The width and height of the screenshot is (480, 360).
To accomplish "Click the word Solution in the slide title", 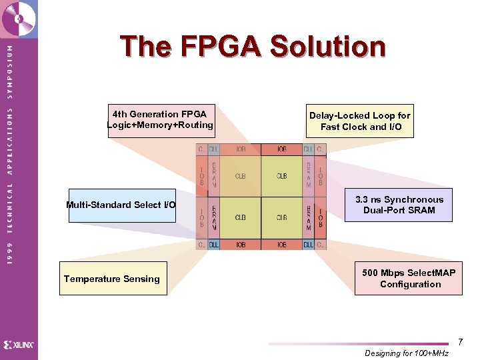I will pyautogui.click(x=328, y=47).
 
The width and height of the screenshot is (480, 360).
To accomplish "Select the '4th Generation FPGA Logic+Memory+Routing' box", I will pyautogui.click(x=160, y=120).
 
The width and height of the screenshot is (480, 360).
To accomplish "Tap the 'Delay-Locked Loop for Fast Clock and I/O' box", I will pyautogui.click(x=360, y=121).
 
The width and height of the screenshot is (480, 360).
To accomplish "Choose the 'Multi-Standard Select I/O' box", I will pyautogui.click(x=121, y=205).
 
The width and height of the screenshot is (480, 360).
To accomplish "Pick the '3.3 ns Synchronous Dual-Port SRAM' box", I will pyautogui.click(x=399, y=205).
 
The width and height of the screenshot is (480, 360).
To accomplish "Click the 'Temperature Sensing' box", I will pyautogui.click(x=112, y=279).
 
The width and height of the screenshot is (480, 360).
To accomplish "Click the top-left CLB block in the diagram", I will pyautogui.click(x=241, y=176).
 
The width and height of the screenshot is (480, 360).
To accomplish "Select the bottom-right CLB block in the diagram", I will pyautogui.click(x=282, y=217).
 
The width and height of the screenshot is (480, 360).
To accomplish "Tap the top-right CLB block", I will pyautogui.click(x=282, y=176).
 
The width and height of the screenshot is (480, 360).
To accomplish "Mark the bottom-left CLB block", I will pyautogui.click(x=241, y=217).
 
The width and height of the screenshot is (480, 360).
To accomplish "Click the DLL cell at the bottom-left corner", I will pyautogui.click(x=214, y=245).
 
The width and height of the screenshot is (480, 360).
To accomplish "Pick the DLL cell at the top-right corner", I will pyautogui.click(x=308, y=149).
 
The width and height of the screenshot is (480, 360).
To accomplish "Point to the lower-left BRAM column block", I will pyautogui.click(x=214, y=217).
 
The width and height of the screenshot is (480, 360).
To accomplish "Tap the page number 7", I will pyautogui.click(x=460, y=342).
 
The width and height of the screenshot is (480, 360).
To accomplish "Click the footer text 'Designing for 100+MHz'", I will pyautogui.click(x=407, y=353).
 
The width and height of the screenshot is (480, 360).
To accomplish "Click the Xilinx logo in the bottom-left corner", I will pyautogui.click(x=19, y=345).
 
